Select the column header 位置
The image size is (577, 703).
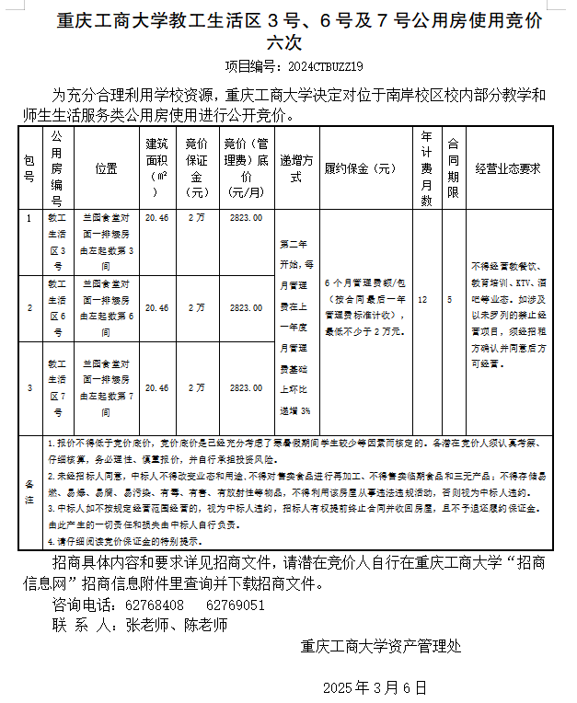(x=107, y=168)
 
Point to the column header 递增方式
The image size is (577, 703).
(x=296, y=168)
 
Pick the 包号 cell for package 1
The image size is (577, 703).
(x=29, y=219)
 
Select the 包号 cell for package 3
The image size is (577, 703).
(x=29, y=388)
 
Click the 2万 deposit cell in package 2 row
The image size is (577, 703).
(x=196, y=308)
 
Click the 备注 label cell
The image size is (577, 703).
(x=29, y=484)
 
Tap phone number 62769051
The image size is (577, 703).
(x=237, y=605)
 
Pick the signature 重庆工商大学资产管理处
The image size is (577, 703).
(x=381, y=646)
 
